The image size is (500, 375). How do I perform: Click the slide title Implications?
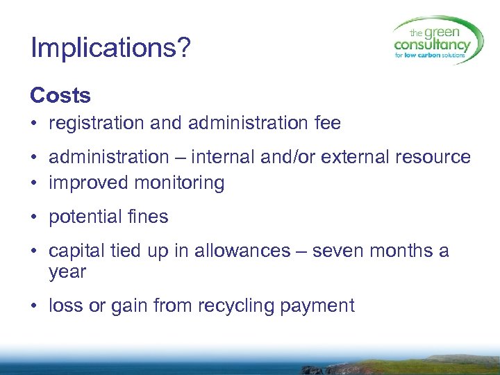click(110, 48)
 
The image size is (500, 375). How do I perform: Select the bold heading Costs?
click(60, 95)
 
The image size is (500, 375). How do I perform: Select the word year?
click(67, 272)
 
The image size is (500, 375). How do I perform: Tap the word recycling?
click(235, 306)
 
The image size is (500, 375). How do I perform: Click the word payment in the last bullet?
click(322, 306)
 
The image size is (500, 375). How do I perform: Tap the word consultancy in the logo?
click(431, 45)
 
